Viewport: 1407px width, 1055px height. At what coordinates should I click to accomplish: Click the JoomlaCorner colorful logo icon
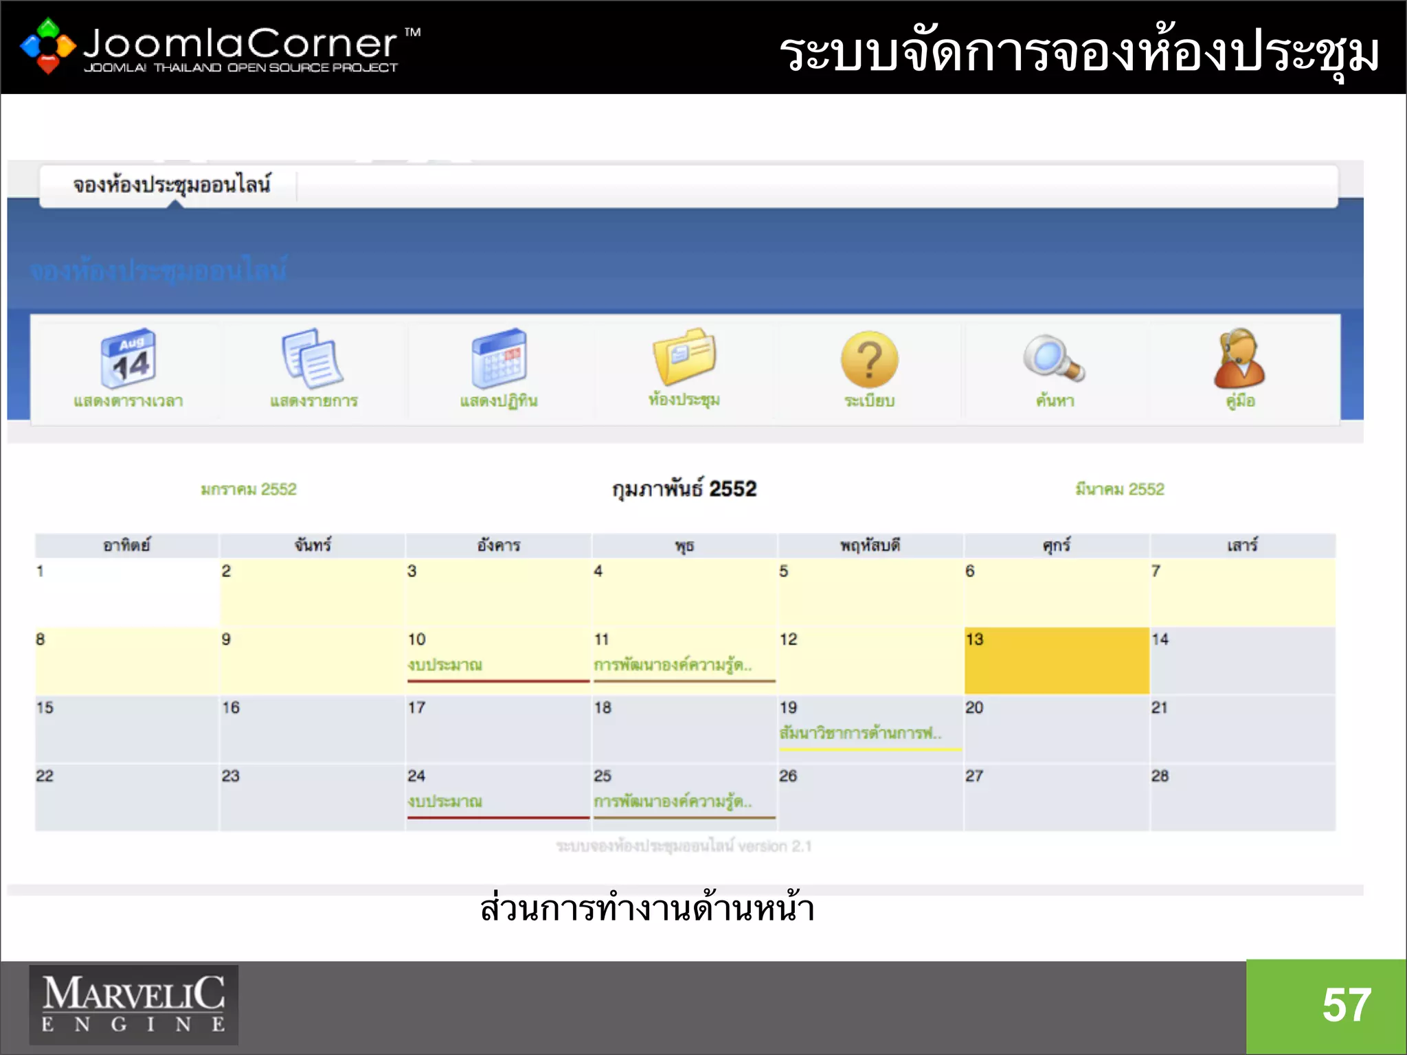click(47, 45)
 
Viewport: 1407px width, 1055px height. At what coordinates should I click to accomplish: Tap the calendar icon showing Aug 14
click(128, 359)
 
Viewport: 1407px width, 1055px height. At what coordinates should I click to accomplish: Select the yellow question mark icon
click(869, 359)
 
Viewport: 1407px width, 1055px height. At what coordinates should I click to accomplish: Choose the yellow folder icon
click(684, 356)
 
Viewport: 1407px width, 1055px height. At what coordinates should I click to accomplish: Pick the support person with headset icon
click(1239, 359)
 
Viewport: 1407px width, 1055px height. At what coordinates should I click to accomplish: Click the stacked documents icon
click(313, 359)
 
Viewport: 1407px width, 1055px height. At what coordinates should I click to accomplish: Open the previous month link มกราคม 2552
click(249, 489)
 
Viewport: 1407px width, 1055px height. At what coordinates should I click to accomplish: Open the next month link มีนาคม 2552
click(1120, 489)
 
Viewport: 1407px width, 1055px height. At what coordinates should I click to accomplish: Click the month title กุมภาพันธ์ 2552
click(684, 489)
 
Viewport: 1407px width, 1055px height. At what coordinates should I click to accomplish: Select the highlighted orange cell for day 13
click(1057, 661)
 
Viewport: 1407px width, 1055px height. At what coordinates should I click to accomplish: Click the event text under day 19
click(860, 733)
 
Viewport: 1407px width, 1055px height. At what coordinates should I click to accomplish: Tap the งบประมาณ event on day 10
click(445, 665)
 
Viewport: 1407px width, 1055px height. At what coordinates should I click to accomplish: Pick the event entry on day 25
click(673, 802)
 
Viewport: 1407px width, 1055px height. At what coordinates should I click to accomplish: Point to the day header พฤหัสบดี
click(870, 545)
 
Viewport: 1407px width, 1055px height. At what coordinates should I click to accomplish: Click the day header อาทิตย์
click(126, 545)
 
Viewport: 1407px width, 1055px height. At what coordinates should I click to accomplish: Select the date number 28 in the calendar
click(1160, 776)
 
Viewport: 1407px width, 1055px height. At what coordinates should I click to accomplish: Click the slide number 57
click(1347, 1006)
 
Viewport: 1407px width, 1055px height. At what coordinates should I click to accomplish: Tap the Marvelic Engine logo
click(133, 1005)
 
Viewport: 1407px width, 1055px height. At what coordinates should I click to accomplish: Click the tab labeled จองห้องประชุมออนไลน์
click(172, 185)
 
